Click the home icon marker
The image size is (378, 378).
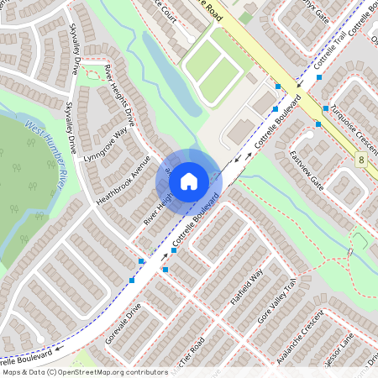pos(189,180)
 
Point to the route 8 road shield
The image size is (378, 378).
pos(360,160)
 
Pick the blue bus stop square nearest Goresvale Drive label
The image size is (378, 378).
pos(132,280)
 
